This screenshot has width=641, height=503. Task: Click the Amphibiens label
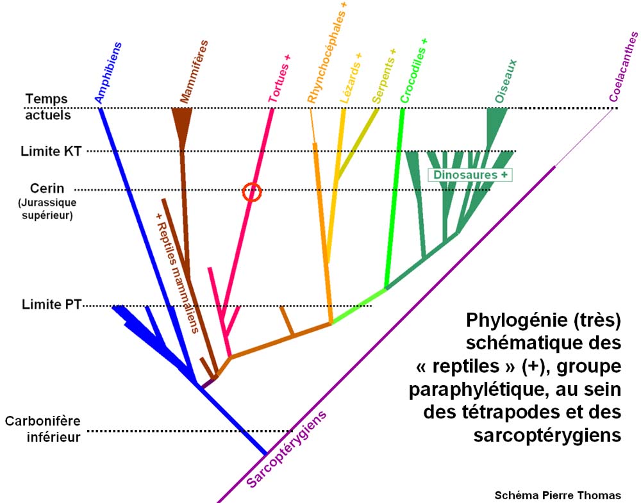point(108,72)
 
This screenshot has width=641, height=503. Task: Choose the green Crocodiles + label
point(413,70)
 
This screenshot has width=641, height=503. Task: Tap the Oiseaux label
point(506,79)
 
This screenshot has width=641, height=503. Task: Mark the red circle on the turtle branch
point(252,191)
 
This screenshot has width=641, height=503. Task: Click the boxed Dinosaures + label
point(472,175)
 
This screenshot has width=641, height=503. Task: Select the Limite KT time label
point(51,152)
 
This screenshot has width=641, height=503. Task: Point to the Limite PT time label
point(50,304)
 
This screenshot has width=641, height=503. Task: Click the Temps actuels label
point(48,107)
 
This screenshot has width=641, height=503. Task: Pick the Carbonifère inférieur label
point(43,429)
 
